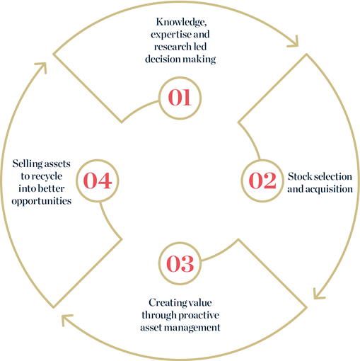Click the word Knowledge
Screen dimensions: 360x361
[181, 23]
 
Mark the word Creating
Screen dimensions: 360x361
[166, 303]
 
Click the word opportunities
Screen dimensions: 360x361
[42, 201]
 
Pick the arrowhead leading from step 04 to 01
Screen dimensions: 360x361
[42, 67]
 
